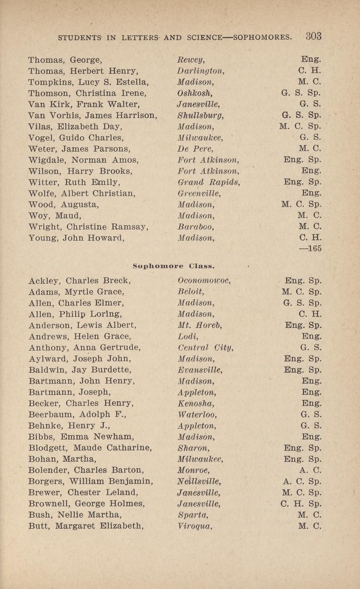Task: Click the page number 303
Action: click(313, 36)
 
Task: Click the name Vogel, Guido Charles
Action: click(76, 137)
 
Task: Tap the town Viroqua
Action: click(194, 526)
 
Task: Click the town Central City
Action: click(205, 348)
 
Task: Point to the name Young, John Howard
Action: click(76, 238)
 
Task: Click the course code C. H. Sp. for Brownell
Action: click(301, 504)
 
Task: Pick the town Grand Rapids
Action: click(209, 182)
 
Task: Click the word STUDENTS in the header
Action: click(81, 38)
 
